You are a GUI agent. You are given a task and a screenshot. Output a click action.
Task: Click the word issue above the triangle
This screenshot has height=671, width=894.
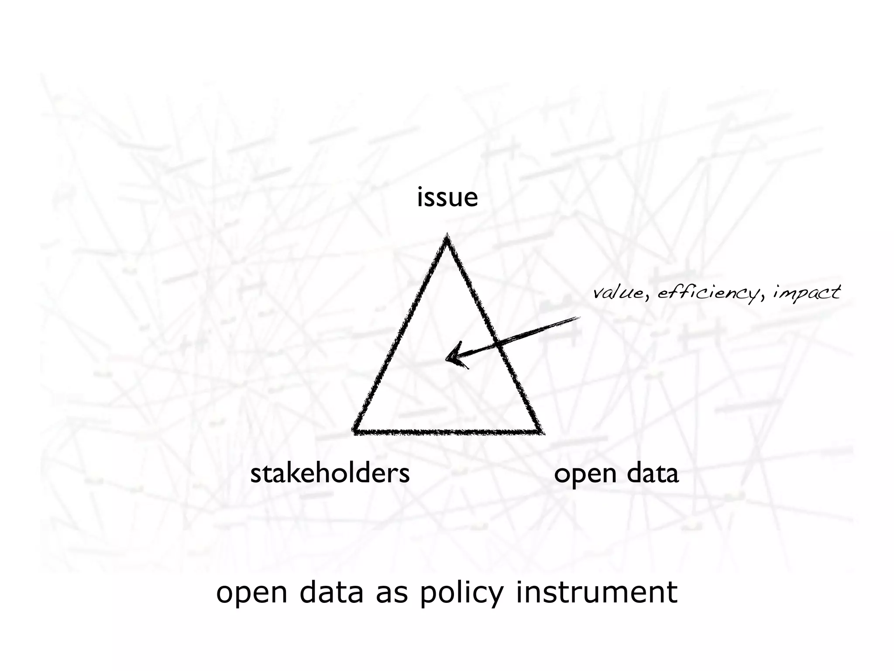click(447, 197)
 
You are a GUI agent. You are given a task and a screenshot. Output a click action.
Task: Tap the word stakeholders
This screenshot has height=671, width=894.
click(330, 473)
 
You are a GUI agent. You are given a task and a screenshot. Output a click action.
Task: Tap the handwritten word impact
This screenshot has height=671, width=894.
click(806, 293)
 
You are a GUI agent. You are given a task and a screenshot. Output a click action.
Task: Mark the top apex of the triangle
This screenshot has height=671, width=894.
click(447, 236)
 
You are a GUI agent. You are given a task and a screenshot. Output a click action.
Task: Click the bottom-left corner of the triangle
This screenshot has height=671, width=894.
click(354, 432)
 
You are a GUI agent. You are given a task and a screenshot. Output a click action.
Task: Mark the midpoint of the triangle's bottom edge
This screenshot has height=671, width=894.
click(448, 432)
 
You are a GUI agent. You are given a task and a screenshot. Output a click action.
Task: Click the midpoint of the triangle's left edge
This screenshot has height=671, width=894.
click(401, 334)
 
